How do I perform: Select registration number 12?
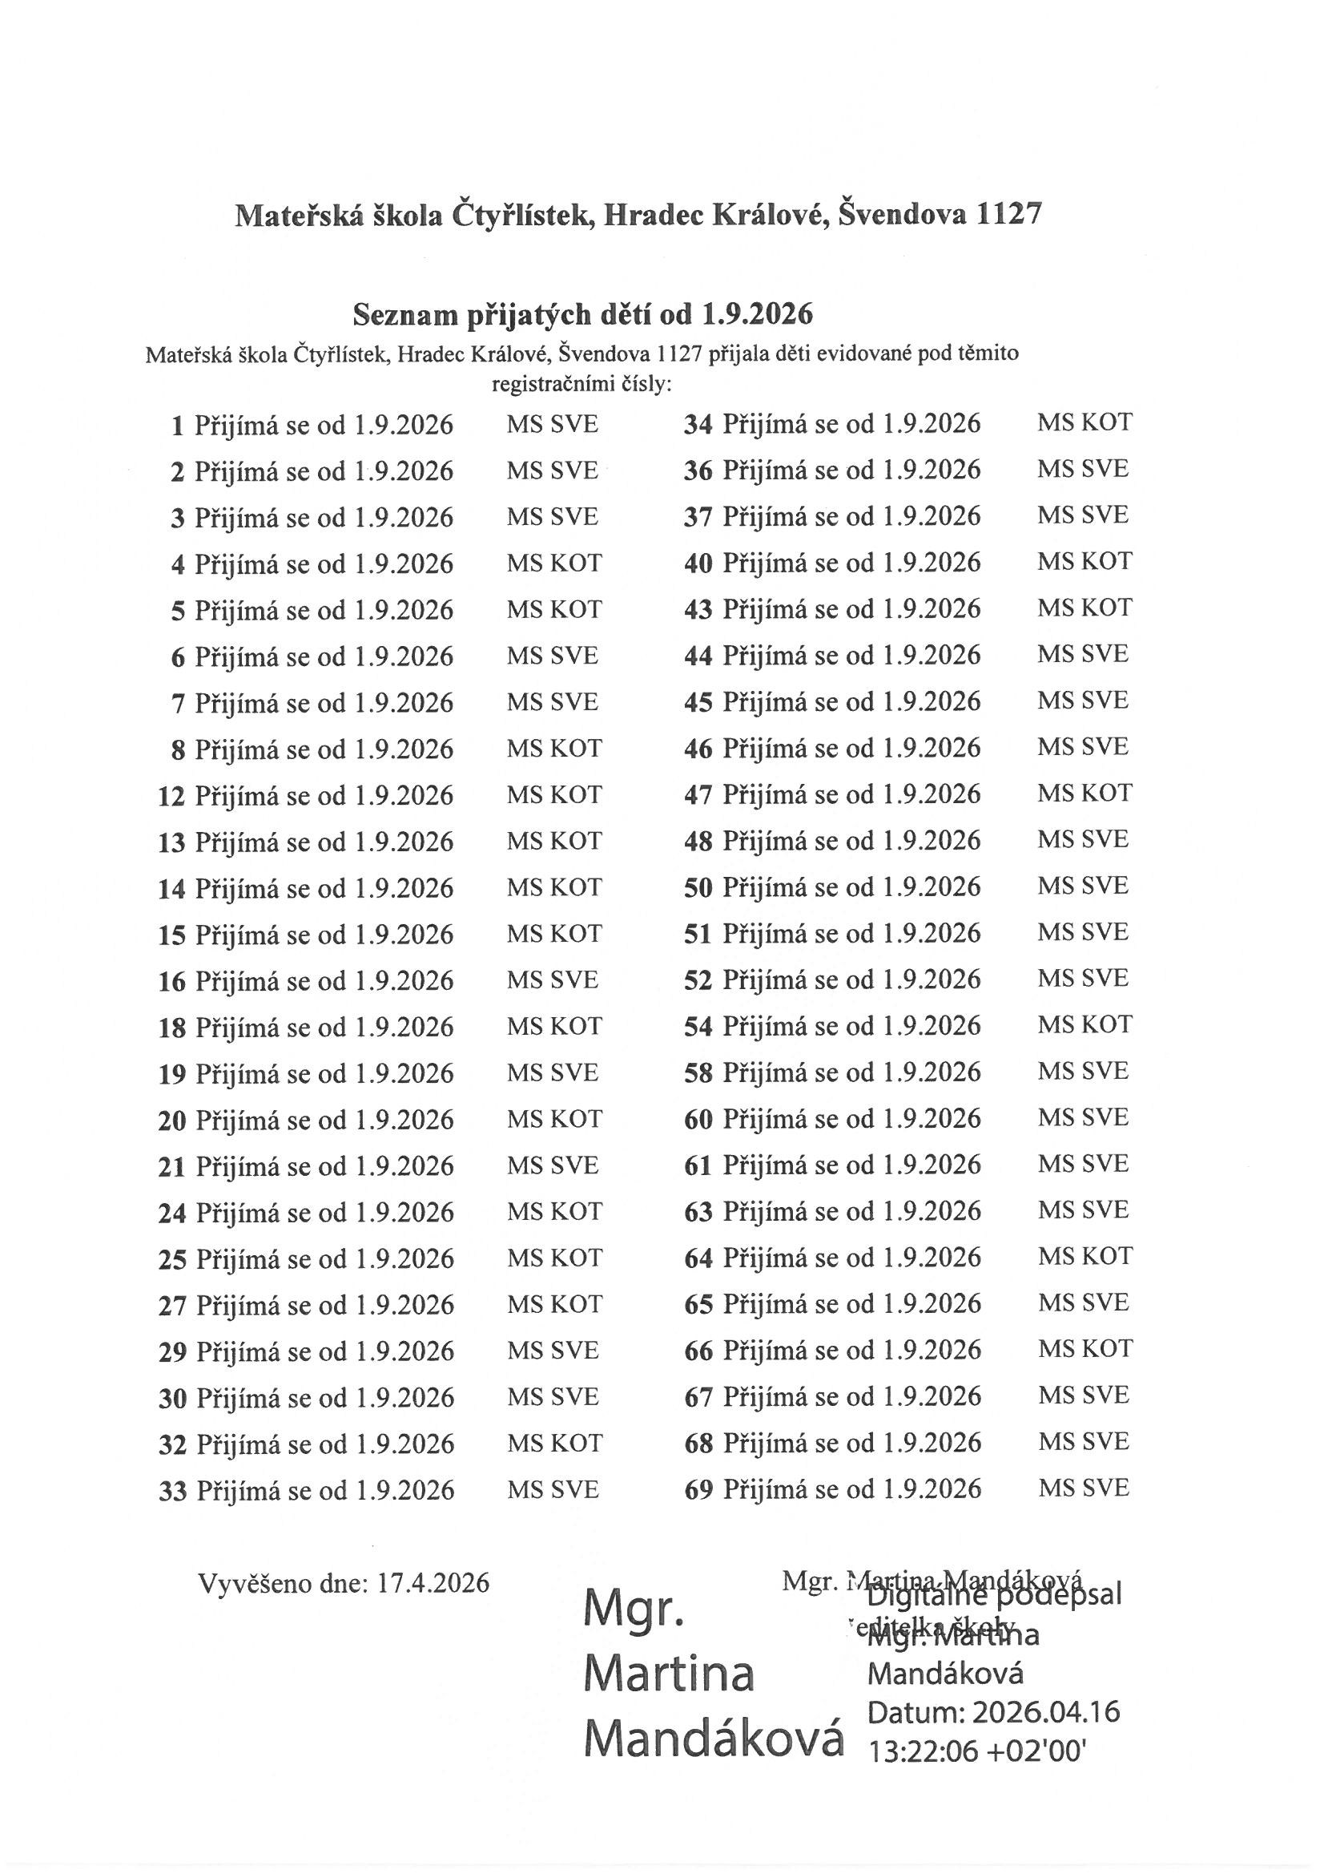point(171,796)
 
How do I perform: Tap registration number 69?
point(698,1490)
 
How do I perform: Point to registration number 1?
point(178,426)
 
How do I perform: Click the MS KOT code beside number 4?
point(554,563)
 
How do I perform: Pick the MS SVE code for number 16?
point(553,979)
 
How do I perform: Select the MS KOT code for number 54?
point(1085,1025)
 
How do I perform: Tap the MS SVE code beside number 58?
point(1084,1071)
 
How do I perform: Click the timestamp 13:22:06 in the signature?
point(922,1749)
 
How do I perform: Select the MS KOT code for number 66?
point(1085,1349)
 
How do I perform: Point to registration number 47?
point(698,795)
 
